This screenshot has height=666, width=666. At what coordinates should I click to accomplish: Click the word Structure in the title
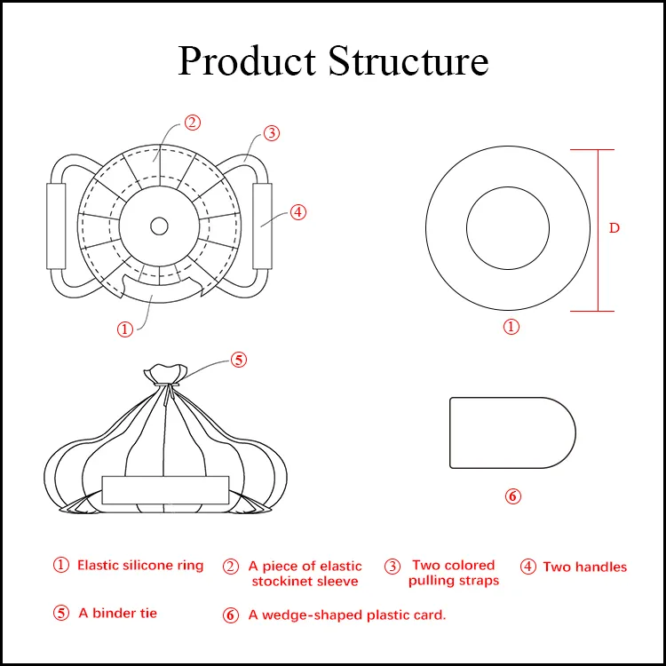pos(408,62)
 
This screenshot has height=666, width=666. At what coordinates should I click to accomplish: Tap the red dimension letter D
pos(614,228)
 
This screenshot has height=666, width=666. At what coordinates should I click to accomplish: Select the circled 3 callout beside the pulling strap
pos(272,133)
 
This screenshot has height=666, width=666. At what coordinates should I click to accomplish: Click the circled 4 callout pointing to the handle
pos(298,212)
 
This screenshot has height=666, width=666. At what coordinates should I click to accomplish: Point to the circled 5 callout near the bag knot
pos(238,360)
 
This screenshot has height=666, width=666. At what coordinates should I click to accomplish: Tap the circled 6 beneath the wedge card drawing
pos(512,496)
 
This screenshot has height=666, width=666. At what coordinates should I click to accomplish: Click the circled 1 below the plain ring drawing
pos(511,327)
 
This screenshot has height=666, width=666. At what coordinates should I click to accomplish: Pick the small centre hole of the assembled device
pos(159,226)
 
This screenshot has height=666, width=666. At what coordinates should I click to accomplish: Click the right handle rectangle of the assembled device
pos(264,226)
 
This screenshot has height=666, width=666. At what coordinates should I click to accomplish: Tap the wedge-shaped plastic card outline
pos(511,432)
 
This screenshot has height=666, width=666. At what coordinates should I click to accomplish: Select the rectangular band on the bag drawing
pos(165,490)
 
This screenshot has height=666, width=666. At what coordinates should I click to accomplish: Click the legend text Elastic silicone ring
pos(139,566)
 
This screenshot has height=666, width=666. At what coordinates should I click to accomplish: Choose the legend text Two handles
pos(584,567)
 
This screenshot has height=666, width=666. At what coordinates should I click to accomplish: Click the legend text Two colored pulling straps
pos(453,573)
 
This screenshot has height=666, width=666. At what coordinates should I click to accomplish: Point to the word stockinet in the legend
pos(282,582)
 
